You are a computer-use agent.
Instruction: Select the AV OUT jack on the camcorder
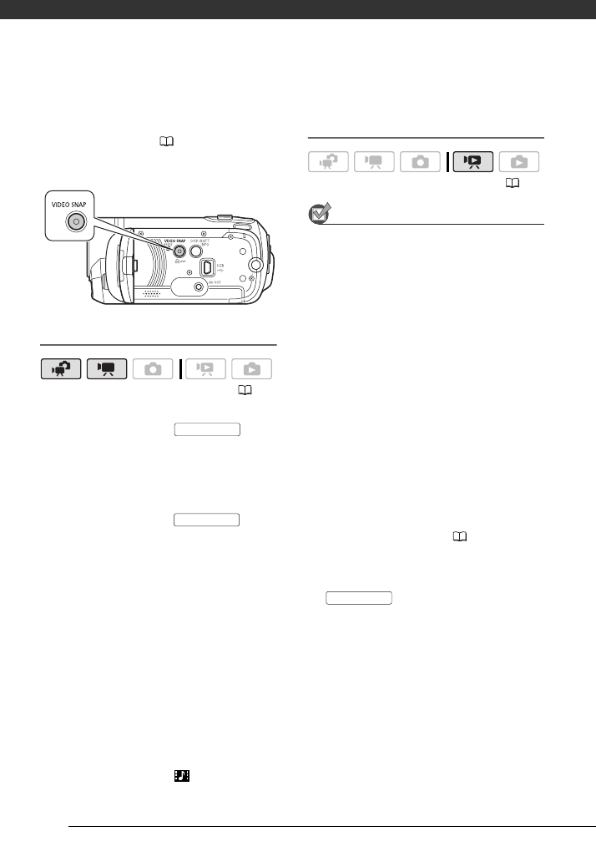(x=198, y=288)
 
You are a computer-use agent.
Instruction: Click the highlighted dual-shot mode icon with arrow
(x=60, y=369)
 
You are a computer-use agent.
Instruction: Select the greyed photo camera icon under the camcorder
(x=152, y=369)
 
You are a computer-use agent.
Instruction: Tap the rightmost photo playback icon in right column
(x=518, y=162)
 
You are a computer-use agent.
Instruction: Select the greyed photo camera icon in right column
(x=420, y=162)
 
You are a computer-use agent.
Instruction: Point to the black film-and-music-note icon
(x=182, y=776)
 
